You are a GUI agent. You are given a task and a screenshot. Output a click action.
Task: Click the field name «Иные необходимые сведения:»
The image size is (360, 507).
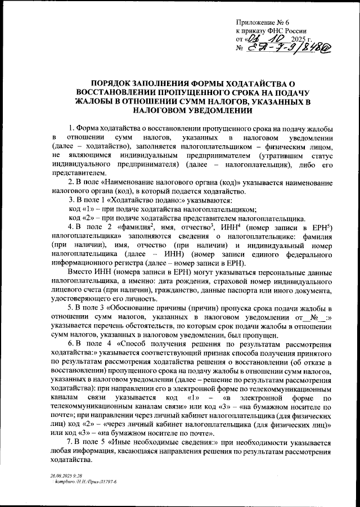click(x=160, y=442)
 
